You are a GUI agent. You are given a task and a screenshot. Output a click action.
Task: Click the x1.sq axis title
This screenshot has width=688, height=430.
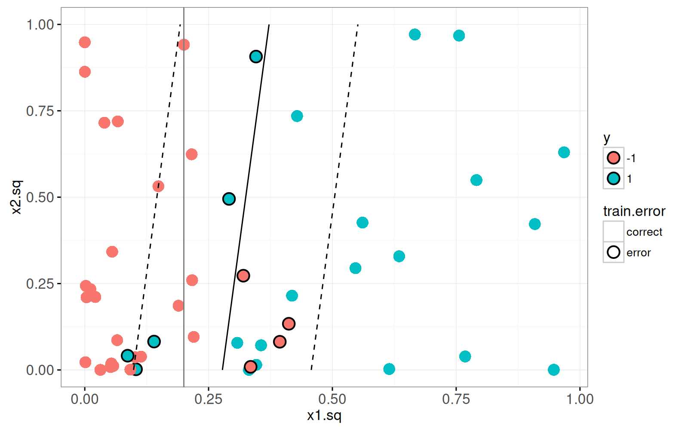[x=324, y=416]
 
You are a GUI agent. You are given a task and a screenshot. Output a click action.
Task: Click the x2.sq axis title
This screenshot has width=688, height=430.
[x=16, y=197]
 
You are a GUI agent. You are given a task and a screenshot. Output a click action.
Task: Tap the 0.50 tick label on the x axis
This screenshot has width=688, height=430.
[x=332, y=399]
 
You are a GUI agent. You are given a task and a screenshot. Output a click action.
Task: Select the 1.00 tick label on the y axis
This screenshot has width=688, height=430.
[x=40, y=25]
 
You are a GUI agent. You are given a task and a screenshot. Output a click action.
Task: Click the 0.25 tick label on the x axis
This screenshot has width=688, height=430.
[x=209, y=399]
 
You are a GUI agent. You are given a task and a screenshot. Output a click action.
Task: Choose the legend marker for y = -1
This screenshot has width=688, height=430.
[x=613, y=158]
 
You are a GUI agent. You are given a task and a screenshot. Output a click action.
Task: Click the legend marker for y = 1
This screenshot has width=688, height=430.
[x=613, y=178]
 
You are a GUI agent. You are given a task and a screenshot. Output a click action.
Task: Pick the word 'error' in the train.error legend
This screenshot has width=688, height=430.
[x=638, y=253]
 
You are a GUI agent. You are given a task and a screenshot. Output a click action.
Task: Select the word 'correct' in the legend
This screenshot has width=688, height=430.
[x=644, y=232]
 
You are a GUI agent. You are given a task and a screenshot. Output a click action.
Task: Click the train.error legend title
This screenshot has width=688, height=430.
[x=634, y=211]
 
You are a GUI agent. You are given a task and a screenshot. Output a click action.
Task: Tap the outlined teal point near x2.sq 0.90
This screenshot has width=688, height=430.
[x=256, y=56]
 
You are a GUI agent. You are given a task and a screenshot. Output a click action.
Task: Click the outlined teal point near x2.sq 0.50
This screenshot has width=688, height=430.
[x=229, y=199]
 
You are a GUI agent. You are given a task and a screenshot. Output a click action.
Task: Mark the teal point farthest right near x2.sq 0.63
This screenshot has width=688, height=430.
[x=564, y=152]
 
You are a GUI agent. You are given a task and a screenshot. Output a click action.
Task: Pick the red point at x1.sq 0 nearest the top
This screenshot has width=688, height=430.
[x=85, y=42]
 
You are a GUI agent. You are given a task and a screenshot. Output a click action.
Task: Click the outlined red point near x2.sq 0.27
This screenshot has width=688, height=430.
[x=243, y=276]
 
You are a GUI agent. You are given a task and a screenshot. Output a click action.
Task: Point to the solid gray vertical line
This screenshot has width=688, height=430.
[x=184, y=172]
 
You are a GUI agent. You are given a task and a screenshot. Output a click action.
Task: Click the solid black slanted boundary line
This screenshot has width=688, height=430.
[x=246, y=198]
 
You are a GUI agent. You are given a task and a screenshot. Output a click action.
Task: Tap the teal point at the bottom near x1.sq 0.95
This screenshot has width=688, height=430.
[x=553, y=370]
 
